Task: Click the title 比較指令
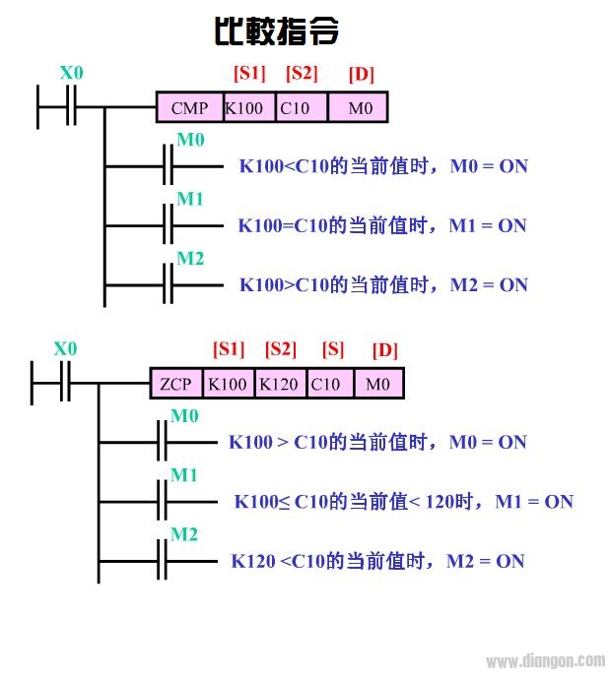(x=277, y=31)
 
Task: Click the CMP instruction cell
(x=188, y=107)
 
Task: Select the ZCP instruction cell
(x=176, y=384)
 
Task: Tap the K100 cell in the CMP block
(x=244, y=107)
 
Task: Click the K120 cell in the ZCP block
(x=280, y=384)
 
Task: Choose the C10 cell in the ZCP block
(x=326, y=384)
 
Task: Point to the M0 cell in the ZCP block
(x=378, y=384)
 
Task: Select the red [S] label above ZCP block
(x=333, y=349)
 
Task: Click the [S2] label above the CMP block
(x=303, y=73)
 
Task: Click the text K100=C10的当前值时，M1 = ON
(x=382, y=225)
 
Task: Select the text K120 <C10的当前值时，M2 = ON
(x=377, y=561)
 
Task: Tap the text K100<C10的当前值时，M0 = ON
(x=383, y=165)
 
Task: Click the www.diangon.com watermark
(x=546, y=661)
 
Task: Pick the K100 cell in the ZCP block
(x=228, y=384)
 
